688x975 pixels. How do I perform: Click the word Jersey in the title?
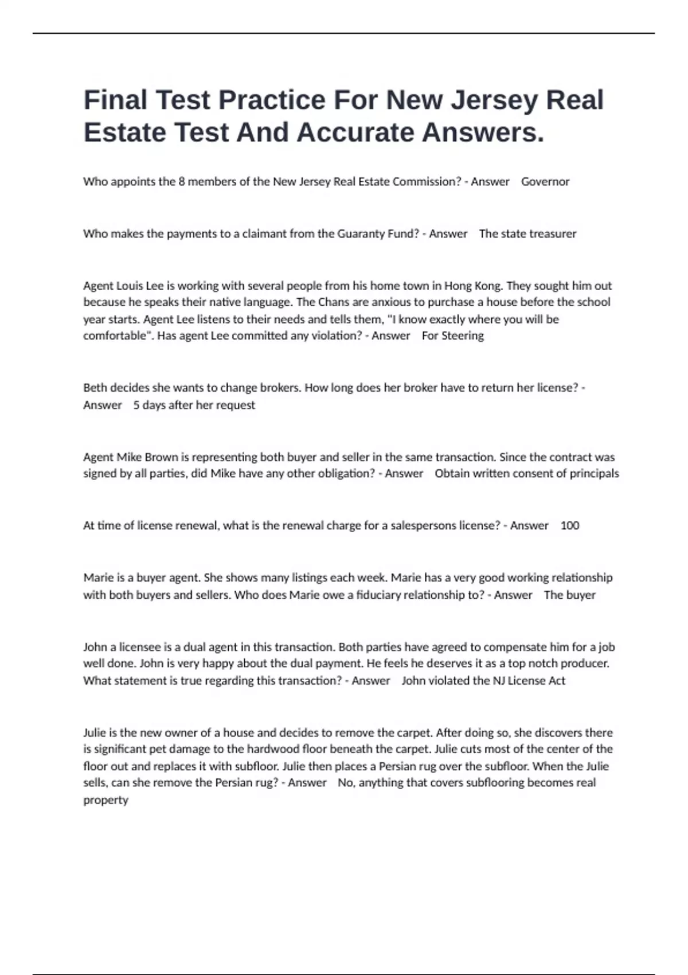click(x=493, y=100)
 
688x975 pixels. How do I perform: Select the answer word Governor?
click(x=545, y=182)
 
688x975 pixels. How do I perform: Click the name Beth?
click(x=95, y=388)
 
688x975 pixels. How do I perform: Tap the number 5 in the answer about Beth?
click(x=136, y=405)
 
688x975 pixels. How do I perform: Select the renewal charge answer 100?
click(x=569, y=525)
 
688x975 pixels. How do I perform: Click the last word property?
click(x=105, y=800)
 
